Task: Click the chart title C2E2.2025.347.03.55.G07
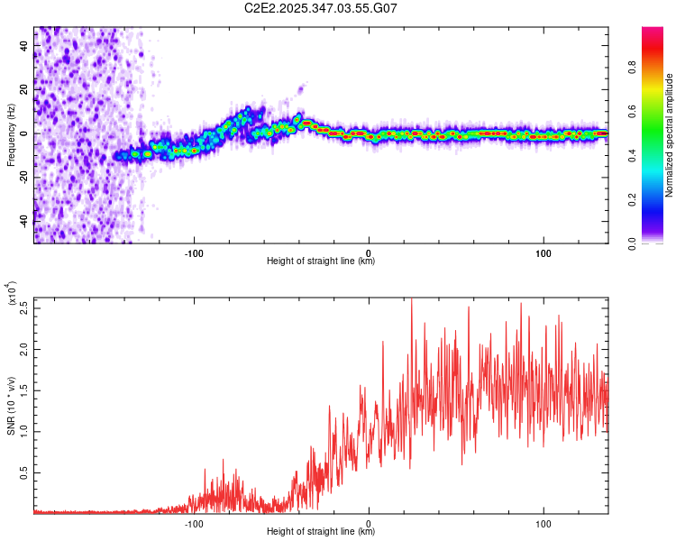(321, 8)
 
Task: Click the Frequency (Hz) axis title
(12, 135)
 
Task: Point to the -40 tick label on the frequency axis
(24, 220)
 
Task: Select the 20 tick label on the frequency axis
(24, 89)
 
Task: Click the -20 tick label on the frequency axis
(24, 177)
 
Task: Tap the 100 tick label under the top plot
(544, 252)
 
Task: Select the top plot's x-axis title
(321, 261)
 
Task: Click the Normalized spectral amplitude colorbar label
(670, 135)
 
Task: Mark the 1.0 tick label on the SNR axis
(24, 430)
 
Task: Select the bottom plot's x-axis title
(321, 532)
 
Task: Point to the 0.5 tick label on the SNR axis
(24, 472)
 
